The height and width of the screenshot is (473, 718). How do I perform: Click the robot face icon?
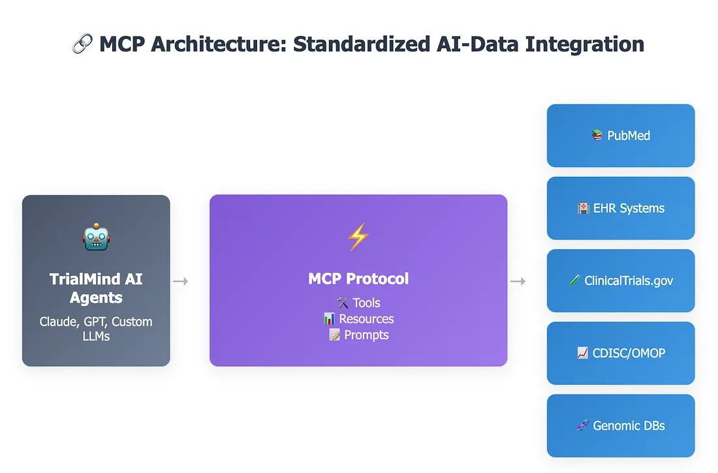[96, 238]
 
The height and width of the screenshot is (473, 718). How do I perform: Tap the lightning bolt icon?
[358, 237]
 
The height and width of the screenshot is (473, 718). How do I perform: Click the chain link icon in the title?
[82, 44]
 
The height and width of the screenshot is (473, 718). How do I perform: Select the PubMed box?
[621, 136]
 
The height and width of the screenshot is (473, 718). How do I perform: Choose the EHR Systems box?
[621, 208]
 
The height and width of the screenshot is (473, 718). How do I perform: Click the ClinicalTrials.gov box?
[621, 281]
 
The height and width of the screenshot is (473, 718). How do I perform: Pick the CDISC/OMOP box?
[621, 353]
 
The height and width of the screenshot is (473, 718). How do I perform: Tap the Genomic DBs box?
[621, 425]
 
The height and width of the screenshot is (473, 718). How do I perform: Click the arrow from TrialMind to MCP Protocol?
[181, 281]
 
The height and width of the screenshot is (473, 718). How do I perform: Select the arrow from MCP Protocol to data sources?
[518, 281]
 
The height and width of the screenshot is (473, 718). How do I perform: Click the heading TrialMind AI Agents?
[96, 288]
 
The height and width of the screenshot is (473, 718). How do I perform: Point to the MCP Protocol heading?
[358, 279]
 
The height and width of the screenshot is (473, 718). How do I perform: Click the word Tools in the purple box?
[366, 303]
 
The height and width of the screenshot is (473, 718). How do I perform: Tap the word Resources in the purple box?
[366, 319]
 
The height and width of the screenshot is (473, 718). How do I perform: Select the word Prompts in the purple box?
[366, 335]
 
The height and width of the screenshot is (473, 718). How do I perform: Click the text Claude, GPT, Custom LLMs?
[96, 329]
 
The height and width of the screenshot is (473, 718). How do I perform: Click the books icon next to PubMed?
[597, 136]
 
